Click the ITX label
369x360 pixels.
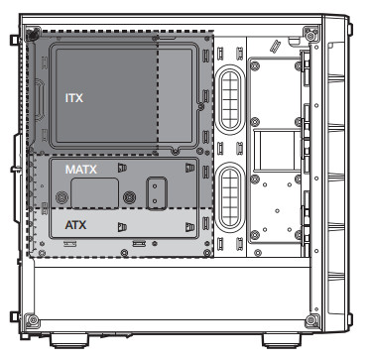click(x=73, y=98)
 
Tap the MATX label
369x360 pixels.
click(x=81, y=170)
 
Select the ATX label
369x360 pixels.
click(x=75, y=225)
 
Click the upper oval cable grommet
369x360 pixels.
click(x=230, y=97)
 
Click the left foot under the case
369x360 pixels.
click(x=69, y=340)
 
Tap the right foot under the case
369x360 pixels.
click(x=282, y=340)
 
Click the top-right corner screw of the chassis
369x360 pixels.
click(x=311, y=35)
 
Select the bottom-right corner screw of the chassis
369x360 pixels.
click(x=311, y=320)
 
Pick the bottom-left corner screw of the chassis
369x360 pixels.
click(x=33, y=320)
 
